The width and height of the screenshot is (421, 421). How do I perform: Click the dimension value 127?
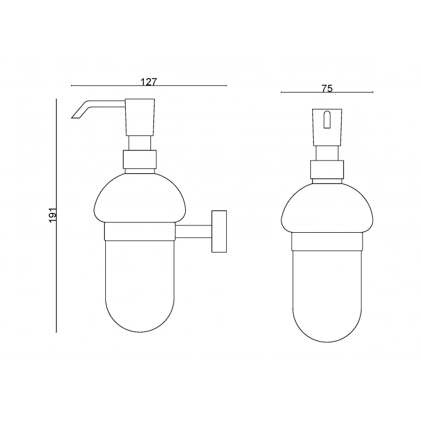149,82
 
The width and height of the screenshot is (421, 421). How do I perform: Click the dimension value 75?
327,88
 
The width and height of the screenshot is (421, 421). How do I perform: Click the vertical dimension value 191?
52,215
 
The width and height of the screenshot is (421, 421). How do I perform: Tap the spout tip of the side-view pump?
76,114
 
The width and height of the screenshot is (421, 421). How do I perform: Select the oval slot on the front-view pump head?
327,120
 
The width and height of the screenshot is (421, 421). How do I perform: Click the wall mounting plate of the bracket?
219,232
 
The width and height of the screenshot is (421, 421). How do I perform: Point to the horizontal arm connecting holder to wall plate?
192,232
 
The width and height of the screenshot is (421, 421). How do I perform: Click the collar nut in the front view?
327,170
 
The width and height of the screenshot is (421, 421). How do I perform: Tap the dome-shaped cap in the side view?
140,198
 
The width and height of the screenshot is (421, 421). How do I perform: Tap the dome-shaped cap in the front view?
327,207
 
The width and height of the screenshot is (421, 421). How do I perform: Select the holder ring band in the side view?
140,232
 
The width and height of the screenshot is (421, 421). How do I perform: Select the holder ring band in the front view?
327,241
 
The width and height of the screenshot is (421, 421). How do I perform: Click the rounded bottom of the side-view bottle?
140,313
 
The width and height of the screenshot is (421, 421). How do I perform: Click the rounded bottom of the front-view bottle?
327,325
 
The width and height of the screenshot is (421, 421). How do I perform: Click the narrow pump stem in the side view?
140,143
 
